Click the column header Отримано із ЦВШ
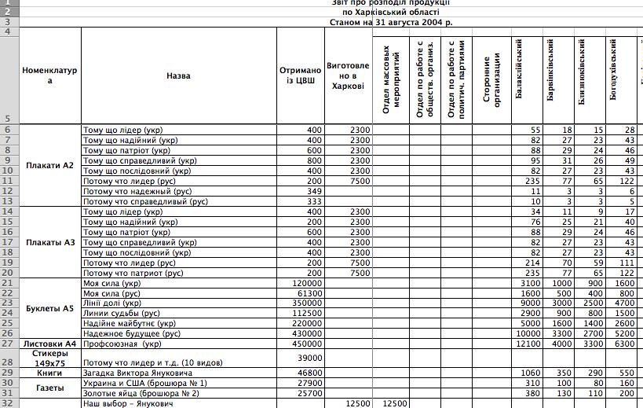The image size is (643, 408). coord(300,75)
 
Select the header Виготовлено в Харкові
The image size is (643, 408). coord(348,75)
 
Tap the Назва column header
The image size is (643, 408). coord(178,76)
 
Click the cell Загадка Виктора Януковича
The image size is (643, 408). coord(137,373)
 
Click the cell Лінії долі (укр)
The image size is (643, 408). coord(112,303)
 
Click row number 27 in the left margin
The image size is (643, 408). coord(8,344)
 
